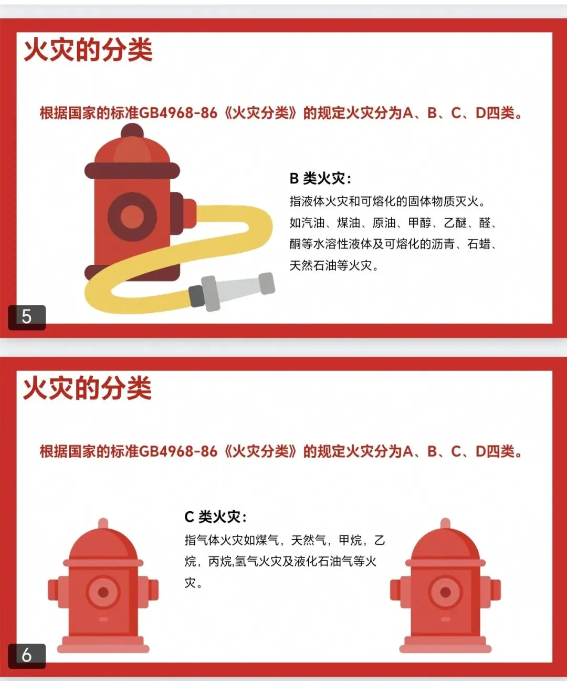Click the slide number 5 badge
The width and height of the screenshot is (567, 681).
pos(27,317)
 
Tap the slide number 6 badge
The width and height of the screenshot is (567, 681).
pos(27,656)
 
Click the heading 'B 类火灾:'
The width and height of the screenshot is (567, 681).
pos(320,179)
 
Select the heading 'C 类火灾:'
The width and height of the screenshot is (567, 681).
pos(215,517)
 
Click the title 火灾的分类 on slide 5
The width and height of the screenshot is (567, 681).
pos(88,49)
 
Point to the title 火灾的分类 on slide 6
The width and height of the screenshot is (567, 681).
pos(88,388)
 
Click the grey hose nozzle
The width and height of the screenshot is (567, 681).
pos(232,291)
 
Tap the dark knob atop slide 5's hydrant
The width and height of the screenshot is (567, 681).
pos(132,130)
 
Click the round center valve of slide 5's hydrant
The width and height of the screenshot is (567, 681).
pos(132,216)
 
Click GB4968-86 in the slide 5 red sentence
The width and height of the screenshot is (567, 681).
pos(178,113)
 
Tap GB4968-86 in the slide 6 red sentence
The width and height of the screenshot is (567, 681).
pos(178,451)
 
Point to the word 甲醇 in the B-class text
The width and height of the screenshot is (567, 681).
pos(419,223)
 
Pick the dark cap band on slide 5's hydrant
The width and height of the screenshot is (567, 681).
pos(132,170)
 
